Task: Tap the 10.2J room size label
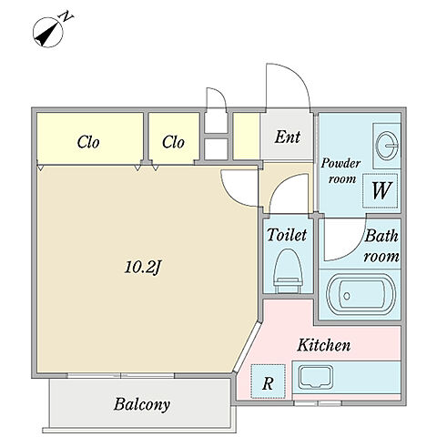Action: [x=142, y=268]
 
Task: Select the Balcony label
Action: [x=142, y=404]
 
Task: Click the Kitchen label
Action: [x=323, y=345]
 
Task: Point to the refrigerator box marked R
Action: [x=269, y=381]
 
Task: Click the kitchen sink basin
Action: [x=315, y=377]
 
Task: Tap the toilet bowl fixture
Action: [x=288, y=271]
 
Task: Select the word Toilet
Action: [x=287, y=235]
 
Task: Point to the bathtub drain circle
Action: [x=347, y=296]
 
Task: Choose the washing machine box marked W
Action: [x=381, y=190]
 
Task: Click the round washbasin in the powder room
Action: [x=387, y=146]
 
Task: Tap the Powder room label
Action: [x=341, y=171]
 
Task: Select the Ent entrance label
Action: [x=288, y=137]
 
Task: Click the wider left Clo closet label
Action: [x=88, y=142]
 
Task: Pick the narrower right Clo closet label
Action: [x=173, y=142]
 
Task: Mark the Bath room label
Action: [x=381, y=245]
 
